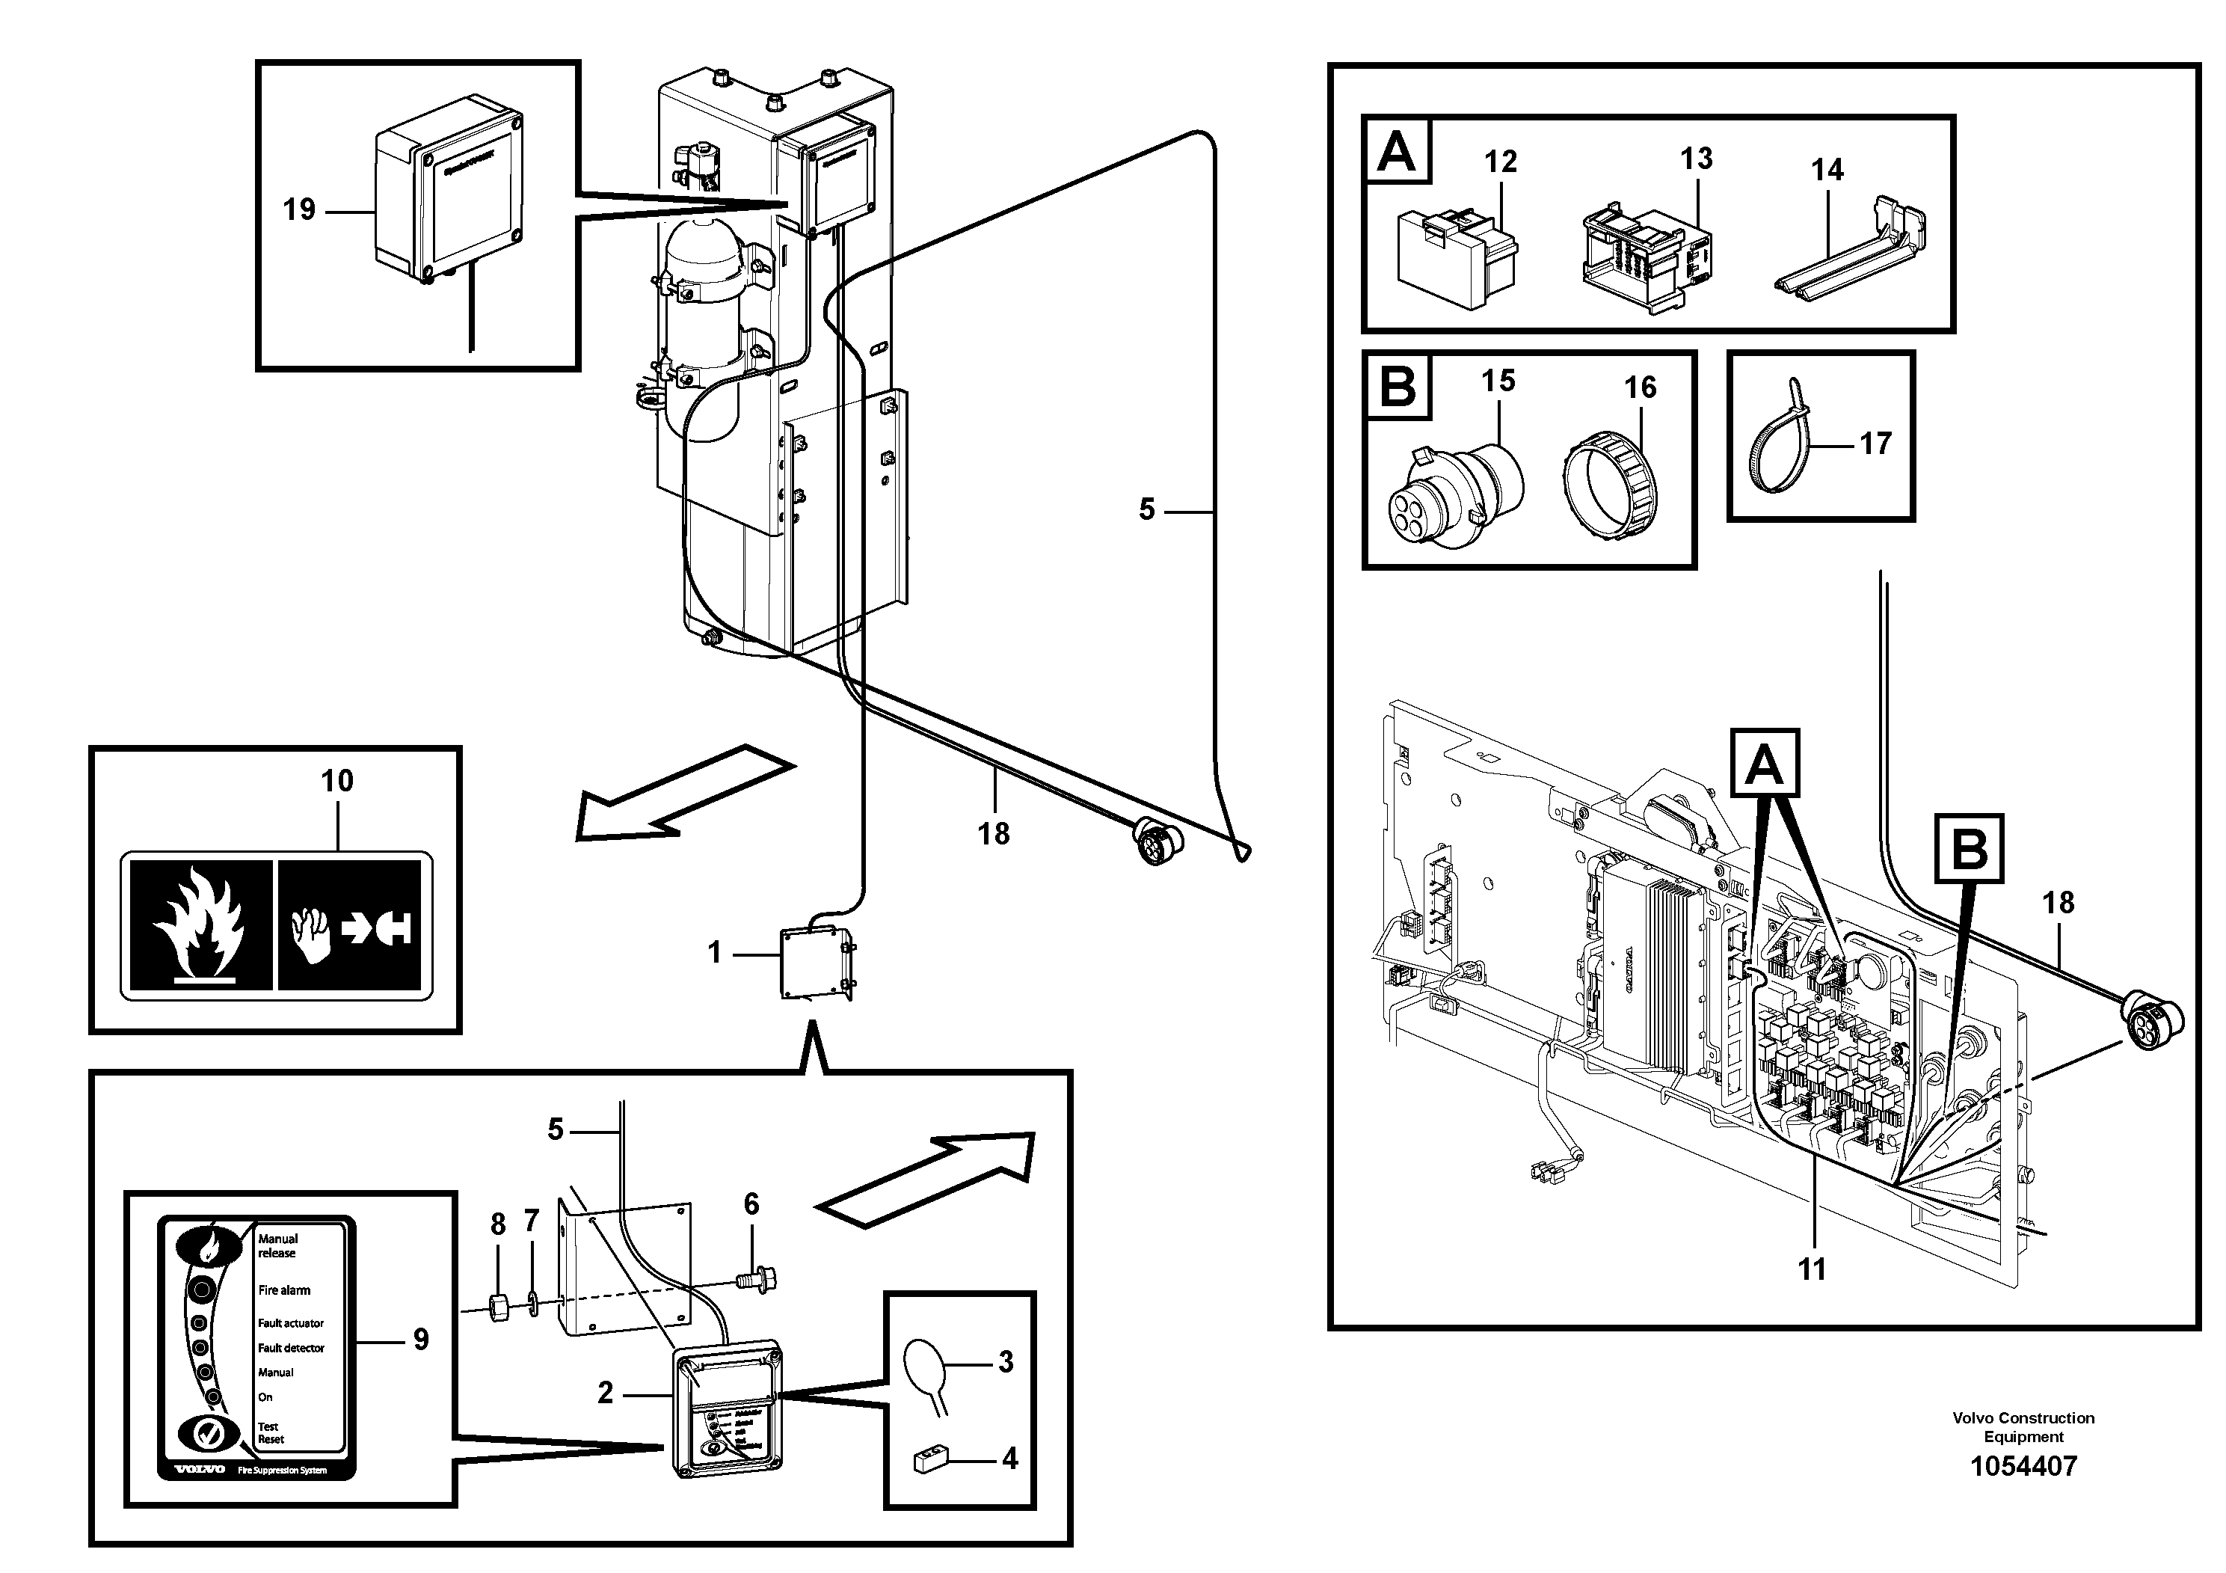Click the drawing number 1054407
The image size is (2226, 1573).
[2023, 1466]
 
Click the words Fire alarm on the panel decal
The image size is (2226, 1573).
[284, 1290]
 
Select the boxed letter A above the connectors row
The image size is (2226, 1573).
[1396, 150]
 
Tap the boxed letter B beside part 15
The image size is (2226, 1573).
[1397, 385]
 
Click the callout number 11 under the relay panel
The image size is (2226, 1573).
[1811, 1269]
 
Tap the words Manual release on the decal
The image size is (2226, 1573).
[277, 1245]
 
